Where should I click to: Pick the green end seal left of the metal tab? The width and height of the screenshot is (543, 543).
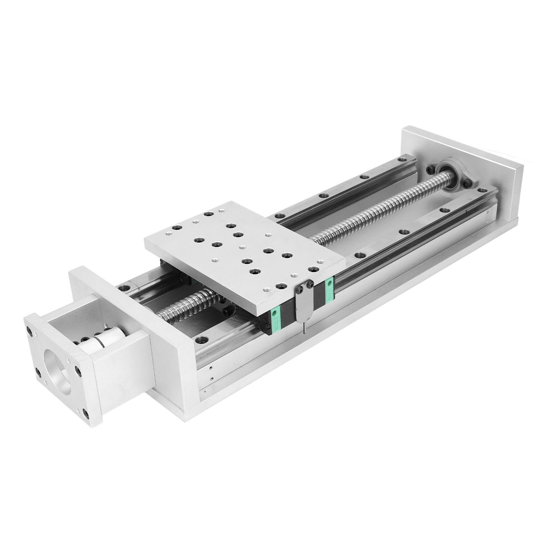pos(277,320)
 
